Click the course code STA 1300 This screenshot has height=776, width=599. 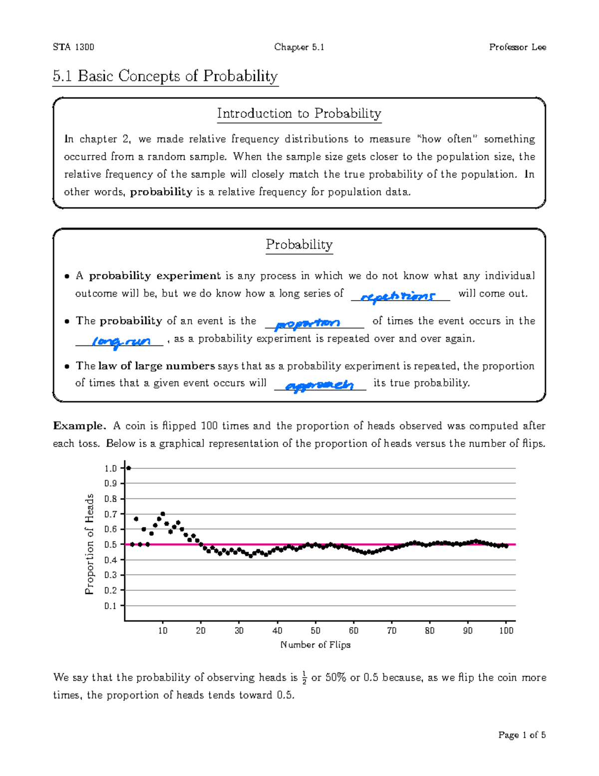[x=73, y=47]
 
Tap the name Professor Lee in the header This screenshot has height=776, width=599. [x=517, y=47]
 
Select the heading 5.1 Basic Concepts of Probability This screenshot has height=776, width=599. [x=165, y=76]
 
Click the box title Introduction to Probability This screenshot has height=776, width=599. [x=299, y=114]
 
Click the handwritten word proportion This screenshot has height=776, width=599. [x=308, y=324]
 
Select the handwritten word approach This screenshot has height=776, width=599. [x=319, y=386]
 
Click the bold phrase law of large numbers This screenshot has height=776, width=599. [x=156, y=366]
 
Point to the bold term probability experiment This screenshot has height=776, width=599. [x=155, y=276]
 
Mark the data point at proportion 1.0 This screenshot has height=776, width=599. [x=129, y=468]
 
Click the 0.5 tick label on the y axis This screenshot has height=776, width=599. [x=110, y=545]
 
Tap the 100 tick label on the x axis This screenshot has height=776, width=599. [x=506, y=631]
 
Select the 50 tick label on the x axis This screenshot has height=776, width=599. [x=315, y=631]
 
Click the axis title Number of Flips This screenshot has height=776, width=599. [x=315, y=645]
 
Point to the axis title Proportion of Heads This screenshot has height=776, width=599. [x=89, y=544]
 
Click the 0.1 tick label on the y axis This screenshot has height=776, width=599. [x=110, y=606]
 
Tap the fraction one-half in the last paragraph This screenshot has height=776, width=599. [x=304, y=679]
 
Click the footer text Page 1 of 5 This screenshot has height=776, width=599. [x=522, y=735]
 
